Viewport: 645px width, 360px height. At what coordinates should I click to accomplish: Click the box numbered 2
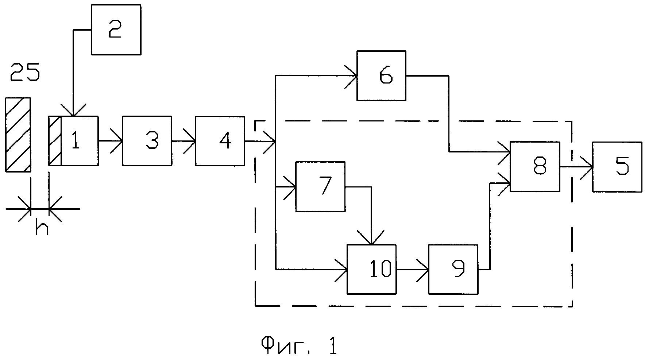[116, 30]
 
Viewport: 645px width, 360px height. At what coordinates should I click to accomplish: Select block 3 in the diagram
[147, 141]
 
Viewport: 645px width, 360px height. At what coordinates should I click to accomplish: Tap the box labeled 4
[220, 141]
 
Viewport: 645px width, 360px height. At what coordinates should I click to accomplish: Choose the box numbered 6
[381, 76]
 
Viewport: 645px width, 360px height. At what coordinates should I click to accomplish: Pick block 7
[320, 186]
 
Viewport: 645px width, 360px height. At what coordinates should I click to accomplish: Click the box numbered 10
[371, 269]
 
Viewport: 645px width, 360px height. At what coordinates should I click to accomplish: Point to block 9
[453, 269]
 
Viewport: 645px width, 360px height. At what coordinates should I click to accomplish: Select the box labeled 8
[535, 167]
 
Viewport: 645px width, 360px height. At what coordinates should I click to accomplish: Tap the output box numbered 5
[617, 167]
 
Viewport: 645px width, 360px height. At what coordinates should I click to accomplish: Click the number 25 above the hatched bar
[25, 73]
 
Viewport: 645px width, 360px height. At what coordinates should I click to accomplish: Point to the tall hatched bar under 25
[18, 134]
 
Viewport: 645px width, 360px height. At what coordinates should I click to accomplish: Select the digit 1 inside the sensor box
[76, 141]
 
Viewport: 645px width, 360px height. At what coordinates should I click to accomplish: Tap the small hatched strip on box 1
[55, 141]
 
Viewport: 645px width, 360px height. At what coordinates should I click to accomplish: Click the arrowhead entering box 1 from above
[73, 111]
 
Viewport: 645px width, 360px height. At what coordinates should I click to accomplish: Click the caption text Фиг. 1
[299, 345]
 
